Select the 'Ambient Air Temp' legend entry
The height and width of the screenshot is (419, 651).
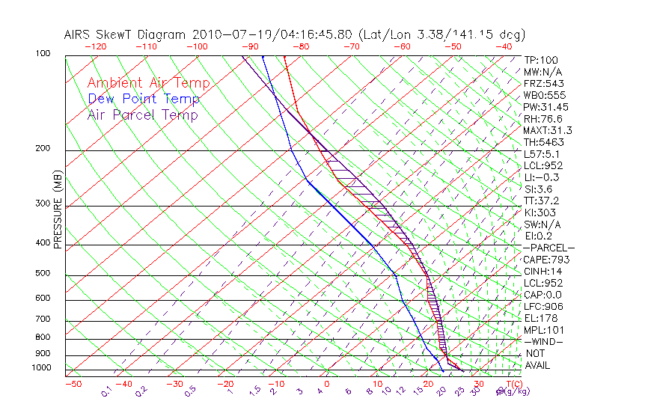[148, 83]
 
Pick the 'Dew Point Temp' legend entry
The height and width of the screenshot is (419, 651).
[144, 99]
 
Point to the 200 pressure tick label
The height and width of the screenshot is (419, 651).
[43, 148]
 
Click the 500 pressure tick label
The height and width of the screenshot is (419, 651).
[43, 274]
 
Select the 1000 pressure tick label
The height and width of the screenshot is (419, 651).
[40, 368]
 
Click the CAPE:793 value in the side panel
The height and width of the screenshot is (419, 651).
[546, 260]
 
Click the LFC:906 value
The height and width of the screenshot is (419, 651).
[543, 307]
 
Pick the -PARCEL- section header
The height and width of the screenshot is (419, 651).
[548, 248]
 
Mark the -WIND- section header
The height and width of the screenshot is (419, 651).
[544, 341]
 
